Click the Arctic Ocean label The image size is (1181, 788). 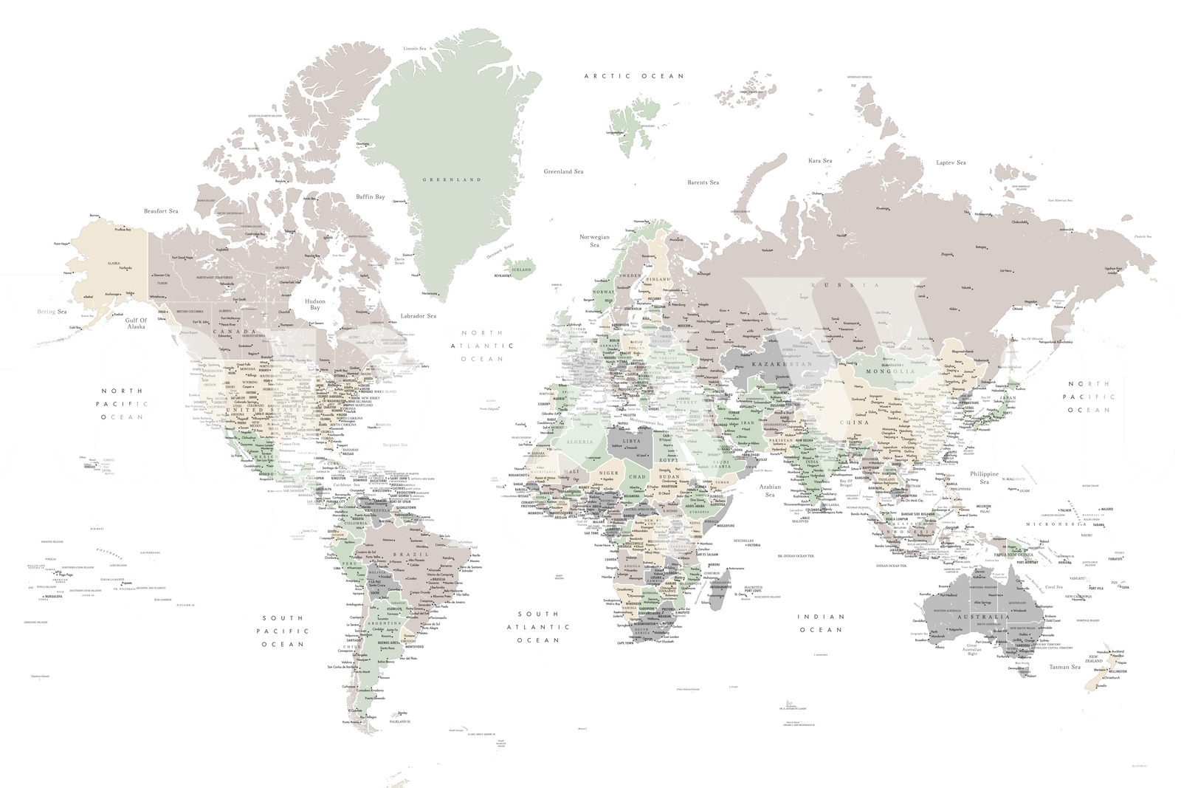tap(633, 76)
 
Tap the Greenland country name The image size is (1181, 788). tap(452, 179)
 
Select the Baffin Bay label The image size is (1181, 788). tap(371, 197)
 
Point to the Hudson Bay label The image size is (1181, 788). tap(317, 306)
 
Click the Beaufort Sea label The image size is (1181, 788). tap(161, 211)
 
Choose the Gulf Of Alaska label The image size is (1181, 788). tap(136, 323)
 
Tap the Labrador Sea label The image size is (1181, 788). tap(419, 316)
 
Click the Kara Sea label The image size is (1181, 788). tap(819, 160)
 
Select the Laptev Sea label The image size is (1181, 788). tap(951, 162)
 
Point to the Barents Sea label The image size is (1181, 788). tap(703, 182)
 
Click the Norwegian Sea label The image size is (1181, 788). tap(594, 241)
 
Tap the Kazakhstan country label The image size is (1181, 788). tap(781, 364)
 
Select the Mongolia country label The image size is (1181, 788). tap(889, 371)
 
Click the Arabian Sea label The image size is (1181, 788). tap(769, 490)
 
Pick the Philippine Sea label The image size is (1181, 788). tap(984, 478)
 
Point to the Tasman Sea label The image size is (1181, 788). tap(1064, 667)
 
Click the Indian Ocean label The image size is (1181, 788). tap(820, 623)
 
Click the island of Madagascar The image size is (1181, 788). tap(717, 589)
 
